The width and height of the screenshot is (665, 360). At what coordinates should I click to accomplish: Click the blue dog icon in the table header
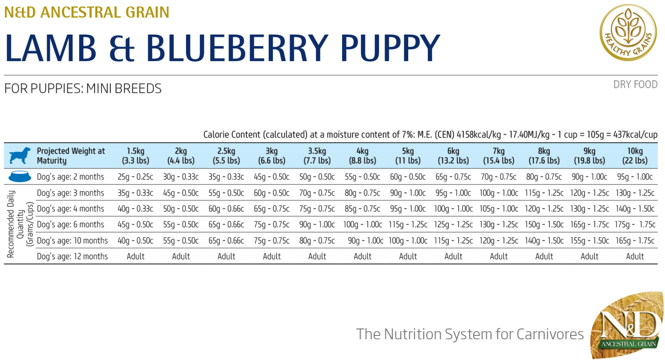coord(20,156)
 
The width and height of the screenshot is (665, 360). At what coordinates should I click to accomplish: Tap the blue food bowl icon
coord(20,176)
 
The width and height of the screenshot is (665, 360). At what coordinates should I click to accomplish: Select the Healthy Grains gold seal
coord(628,32)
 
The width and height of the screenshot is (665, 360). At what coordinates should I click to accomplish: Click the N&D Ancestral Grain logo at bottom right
coord(627,325)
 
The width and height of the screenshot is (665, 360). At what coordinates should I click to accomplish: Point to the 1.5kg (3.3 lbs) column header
coord(136,156)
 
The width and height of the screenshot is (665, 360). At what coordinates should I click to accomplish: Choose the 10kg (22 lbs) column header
coord(635,156)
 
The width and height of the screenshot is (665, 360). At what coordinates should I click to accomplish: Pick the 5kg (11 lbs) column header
coord(408,156)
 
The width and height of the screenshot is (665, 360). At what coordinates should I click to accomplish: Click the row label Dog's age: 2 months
coord(70,177)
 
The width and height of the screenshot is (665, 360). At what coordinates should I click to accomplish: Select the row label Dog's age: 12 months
coord(72,256)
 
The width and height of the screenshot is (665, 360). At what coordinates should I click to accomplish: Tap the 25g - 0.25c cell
coord(135,177)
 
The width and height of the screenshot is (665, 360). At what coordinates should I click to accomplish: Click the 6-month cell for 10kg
coord(635,225)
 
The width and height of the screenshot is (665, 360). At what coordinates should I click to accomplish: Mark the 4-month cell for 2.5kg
coord(226,209)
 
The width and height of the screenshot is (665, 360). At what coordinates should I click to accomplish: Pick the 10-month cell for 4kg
coord(365,241)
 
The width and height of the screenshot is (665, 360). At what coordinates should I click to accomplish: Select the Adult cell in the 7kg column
coord(499,256)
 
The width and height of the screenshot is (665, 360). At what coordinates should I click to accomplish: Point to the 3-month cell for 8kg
coord(544,193)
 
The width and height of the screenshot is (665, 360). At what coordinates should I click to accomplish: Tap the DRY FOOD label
coord(635,84)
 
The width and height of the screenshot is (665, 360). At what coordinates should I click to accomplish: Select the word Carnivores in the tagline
coord(550,334)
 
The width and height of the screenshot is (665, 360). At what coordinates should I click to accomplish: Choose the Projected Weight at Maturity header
coord(71,156)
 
